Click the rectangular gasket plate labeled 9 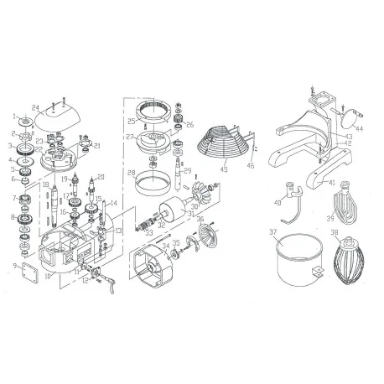28,272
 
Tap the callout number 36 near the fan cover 200,220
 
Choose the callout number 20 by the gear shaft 101,177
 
